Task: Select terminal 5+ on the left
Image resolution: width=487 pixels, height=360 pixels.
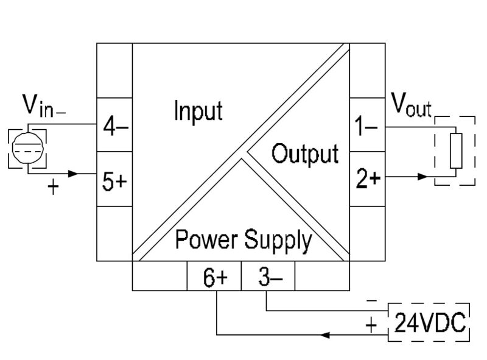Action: coord(115,181)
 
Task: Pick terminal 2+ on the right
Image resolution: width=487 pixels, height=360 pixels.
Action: coord(366,179)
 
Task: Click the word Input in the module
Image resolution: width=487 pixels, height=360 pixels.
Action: coord(198,111)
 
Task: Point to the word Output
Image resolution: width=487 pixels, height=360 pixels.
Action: coord(304,154)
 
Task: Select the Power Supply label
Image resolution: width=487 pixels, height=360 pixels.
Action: coord(243,240)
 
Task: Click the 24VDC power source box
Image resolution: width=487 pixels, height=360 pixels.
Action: coord(429,322)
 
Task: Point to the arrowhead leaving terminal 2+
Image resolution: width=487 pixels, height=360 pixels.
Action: coord(421,177)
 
